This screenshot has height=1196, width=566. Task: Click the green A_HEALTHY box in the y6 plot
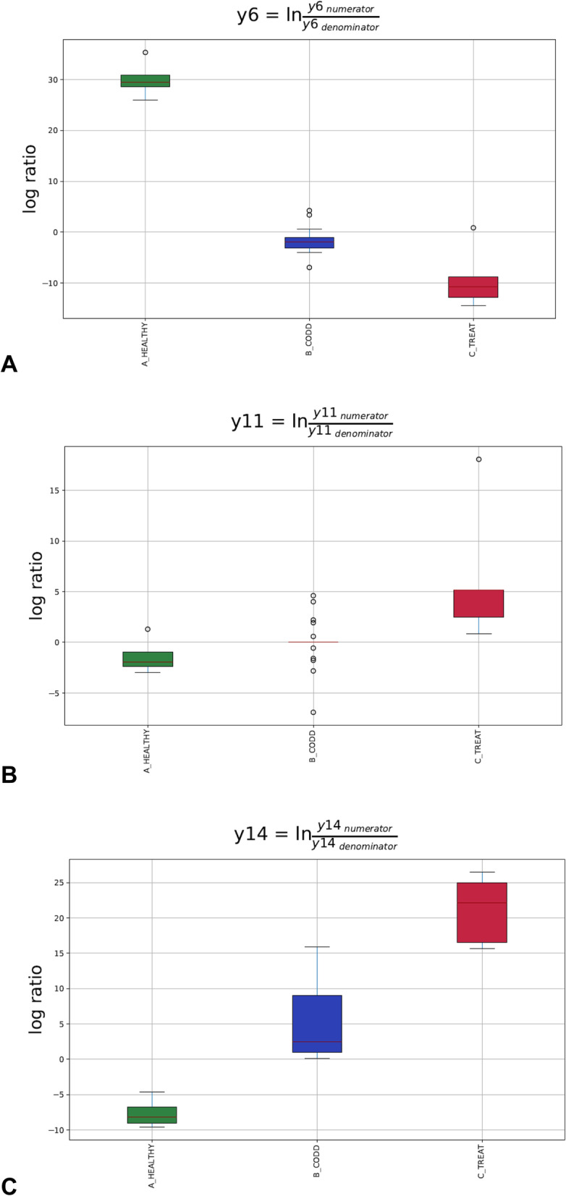pos(145,81)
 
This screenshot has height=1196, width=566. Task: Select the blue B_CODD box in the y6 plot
pos(309,242)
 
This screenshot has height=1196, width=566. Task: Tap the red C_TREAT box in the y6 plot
pos(473,287)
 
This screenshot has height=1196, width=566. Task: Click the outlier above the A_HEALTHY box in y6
pos(145,53)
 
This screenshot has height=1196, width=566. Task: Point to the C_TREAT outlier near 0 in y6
pos(473,228)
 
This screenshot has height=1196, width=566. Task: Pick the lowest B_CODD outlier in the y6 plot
pos(309,268)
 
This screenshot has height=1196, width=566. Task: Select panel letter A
pos(9,364)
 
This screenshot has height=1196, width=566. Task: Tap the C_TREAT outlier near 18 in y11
pos(478,459)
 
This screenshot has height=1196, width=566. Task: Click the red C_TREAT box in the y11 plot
pos(478,603)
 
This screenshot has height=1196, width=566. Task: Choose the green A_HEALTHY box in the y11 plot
pos(148,659)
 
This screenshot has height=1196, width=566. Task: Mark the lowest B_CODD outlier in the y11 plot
pos(313,713)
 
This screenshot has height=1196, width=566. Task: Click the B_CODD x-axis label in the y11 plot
pos(313,747)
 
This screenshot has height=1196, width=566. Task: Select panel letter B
pos(9,775)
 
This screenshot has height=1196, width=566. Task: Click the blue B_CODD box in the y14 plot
pos(317,1024)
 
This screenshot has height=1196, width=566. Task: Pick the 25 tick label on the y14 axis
pos(55,883)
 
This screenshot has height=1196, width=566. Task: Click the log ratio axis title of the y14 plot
pos(35,999)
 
